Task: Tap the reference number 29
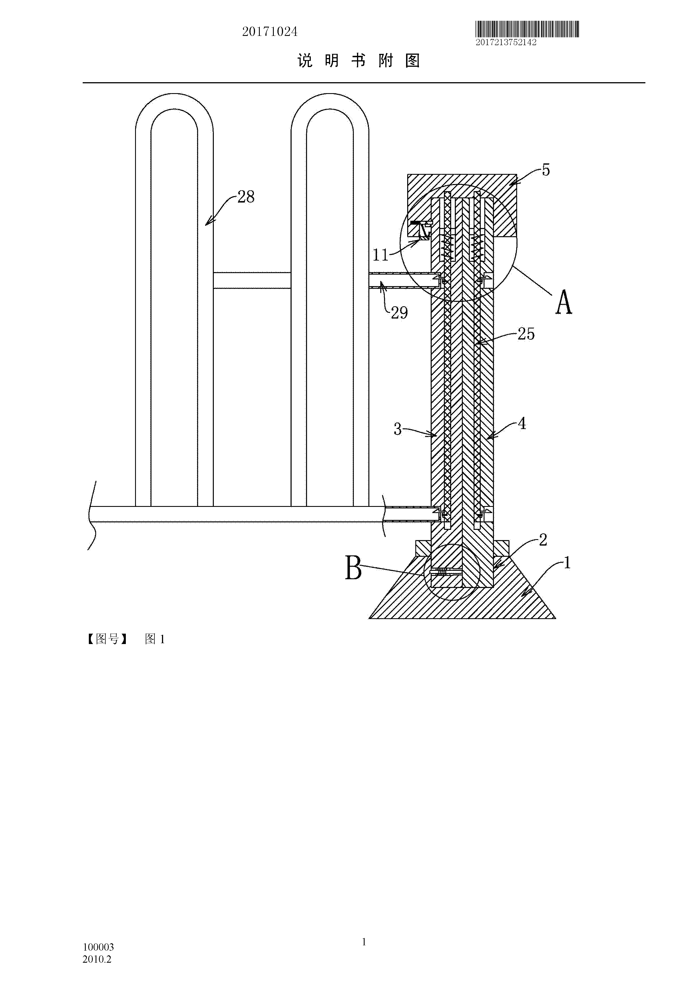tap(399, 313)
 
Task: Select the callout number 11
tap(380, 256)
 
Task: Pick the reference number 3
tap(397, 429)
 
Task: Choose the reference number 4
tap(522, 424)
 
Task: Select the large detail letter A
tap(564, 302)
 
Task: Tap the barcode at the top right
tap(527, 30)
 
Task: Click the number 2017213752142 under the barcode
tap(506, 42)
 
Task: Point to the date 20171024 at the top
tap(270, 32)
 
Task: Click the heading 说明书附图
tap(359, 61)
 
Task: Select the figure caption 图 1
tap(155, 640)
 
